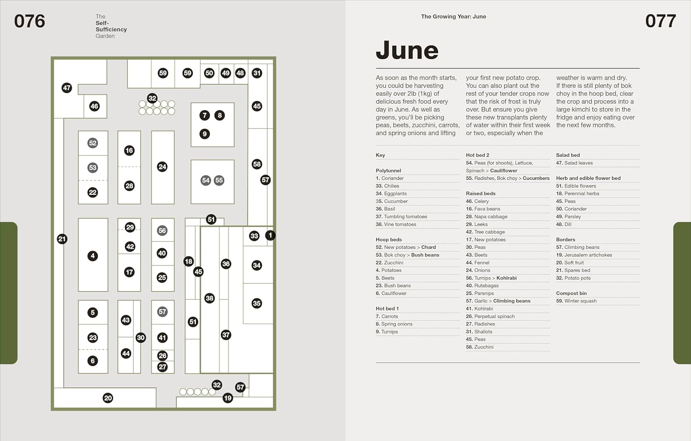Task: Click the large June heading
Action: coord(407,50)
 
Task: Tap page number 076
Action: coord(29,21)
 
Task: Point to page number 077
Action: coord(661,21)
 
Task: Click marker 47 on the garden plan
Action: coord(67,88)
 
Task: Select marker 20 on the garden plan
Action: coord(108,398)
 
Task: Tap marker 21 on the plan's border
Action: coord(62,239)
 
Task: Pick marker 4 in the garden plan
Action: coord(93,256)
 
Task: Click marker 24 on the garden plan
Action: coord(162,167)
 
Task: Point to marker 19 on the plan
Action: coord(228,398)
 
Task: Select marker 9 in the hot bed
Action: coord(205,134)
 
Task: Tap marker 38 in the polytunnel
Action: coord(210,298)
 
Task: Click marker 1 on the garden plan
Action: coord(270,235)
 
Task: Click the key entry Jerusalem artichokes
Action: coord(584,255)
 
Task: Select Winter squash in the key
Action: coord(576,301)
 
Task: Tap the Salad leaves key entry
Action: coord(574,163)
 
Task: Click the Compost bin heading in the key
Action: coord(571,293)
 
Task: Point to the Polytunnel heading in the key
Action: coord(388,171)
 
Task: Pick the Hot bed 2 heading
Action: coord(477,155)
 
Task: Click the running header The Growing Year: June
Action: coord(453,17)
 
